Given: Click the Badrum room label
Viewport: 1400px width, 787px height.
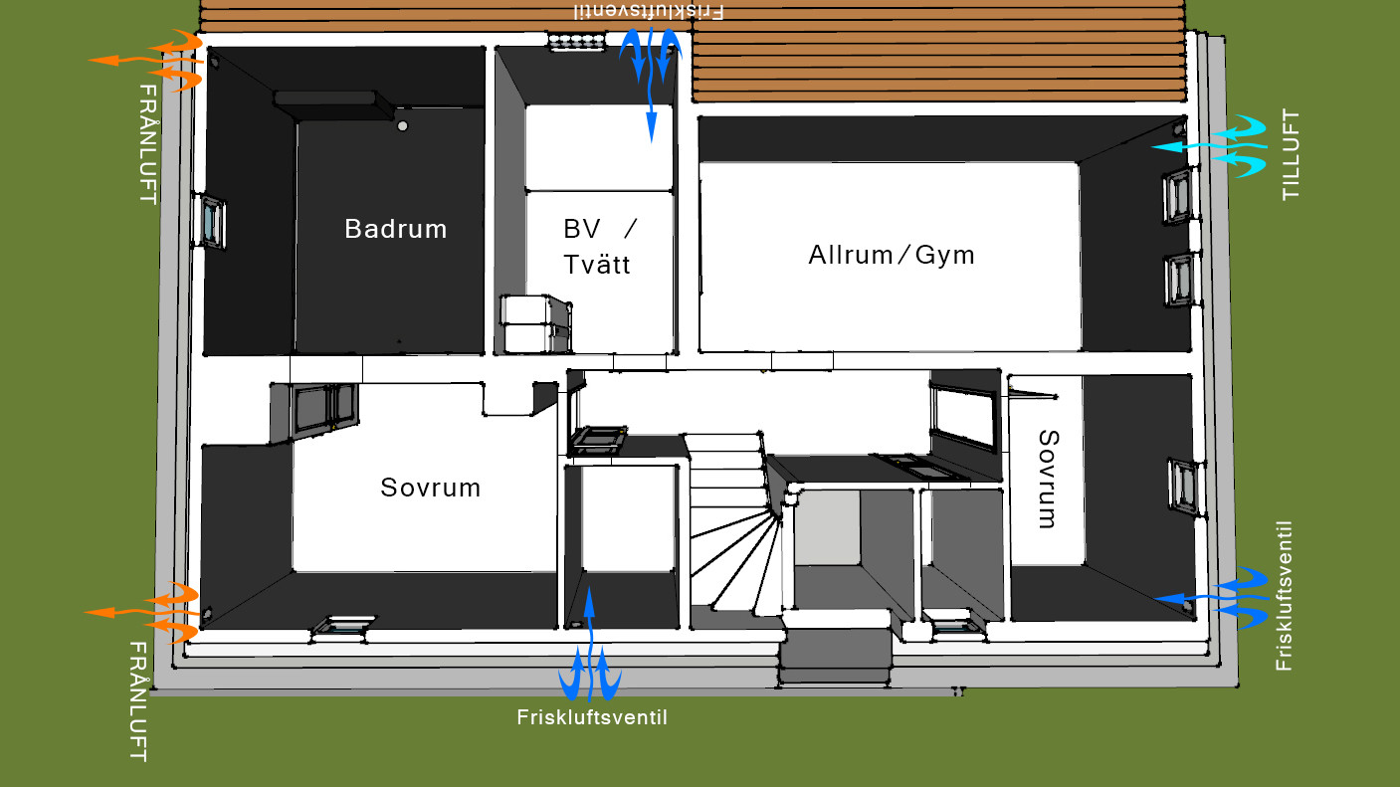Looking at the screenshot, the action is (396, 229).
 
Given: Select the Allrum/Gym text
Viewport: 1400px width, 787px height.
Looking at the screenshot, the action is (892, 255).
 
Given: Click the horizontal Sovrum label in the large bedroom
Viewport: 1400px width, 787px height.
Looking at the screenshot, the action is (431, 488).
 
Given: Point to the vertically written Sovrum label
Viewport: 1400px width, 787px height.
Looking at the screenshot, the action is (1048, 480).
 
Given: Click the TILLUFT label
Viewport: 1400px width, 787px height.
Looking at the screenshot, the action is (1290, 155).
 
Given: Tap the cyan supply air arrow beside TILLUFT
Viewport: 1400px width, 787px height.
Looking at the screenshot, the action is (1209, 146).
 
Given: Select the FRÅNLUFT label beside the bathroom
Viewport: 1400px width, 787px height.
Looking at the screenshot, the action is (148, 144).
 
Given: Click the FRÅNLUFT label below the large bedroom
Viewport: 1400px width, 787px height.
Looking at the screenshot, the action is (138, 700).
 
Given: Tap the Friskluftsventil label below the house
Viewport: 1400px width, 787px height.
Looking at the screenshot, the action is (592, 717).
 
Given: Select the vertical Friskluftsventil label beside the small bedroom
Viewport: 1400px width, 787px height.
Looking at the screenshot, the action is (1284, 596).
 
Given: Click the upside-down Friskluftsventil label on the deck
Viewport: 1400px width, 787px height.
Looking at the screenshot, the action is (649, 11).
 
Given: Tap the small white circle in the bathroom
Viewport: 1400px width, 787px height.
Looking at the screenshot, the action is (403, 126).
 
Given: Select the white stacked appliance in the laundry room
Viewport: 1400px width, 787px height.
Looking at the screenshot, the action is (535, 323).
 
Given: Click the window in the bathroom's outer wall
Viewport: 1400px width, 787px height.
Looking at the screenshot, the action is (210, 221).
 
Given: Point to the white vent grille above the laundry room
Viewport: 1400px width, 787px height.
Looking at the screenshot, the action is (577, 42).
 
